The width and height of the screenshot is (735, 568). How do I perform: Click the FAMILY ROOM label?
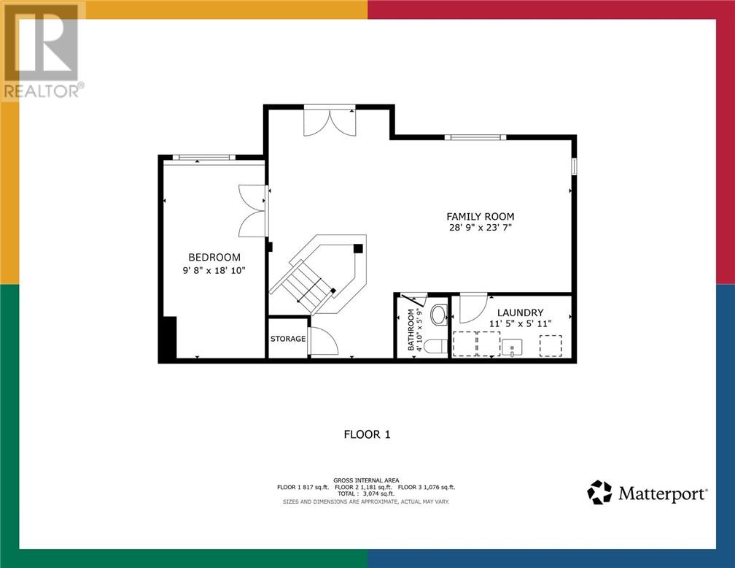pos(480,216)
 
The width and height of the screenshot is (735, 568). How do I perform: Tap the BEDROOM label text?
pos(214,257)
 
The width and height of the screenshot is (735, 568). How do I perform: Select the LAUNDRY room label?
pos(521,312)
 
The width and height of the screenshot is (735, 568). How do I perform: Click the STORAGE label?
pos(288,339)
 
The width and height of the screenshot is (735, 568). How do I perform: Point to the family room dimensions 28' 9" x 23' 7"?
pos(480,228)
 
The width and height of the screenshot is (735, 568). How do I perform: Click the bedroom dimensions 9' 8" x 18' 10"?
pos(214,270)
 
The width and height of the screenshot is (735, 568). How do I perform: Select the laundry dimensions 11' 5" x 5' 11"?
pos(521,323)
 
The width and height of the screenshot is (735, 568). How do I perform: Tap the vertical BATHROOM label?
pos(411,329)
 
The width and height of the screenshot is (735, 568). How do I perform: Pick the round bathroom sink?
pos(439,315)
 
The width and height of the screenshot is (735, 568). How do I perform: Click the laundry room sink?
pos(512,348)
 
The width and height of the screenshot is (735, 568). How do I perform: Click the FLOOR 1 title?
pos(367,434)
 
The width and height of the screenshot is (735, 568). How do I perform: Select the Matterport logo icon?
pos(599,492)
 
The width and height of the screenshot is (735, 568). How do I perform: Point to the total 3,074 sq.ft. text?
pos(366,494)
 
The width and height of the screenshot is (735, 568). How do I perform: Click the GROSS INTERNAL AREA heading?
pos(366,480)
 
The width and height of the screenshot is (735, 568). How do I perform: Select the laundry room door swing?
pos(473,308)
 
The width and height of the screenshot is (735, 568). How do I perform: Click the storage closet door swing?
pos(324,341)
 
